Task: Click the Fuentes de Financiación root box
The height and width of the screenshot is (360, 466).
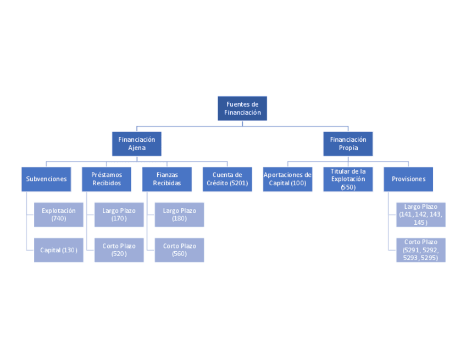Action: point(242,108)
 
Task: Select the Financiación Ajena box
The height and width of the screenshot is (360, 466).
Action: point(136,143)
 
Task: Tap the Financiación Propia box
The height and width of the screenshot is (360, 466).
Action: point(348,143)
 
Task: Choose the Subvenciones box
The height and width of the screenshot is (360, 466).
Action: point(46,179)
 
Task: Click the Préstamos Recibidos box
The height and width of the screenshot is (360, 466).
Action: point(107,179)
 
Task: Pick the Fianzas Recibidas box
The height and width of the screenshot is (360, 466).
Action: point(167,179)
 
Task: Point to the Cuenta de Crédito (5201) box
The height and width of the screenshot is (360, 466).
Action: point(227,179)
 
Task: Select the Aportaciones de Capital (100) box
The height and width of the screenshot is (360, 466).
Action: point(287,179)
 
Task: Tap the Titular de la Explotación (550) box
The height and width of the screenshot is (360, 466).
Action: point(348,179)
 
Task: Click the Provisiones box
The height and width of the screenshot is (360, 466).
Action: point(408,179)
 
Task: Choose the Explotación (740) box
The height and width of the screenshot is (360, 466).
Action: point(58,214)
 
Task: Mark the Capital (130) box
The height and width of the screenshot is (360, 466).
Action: point(58,250)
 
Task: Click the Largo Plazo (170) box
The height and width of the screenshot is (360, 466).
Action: point(119,214)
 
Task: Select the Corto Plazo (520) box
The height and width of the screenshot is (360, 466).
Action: point(119,250)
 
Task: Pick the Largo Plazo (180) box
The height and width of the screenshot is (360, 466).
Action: point(179,214)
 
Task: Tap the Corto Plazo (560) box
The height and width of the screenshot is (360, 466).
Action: point(179,250)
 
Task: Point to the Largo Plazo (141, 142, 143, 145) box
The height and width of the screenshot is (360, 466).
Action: point(420,214)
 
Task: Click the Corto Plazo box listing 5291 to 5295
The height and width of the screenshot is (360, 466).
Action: point(420,250)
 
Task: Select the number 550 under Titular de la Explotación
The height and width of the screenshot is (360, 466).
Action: point(348,187)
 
